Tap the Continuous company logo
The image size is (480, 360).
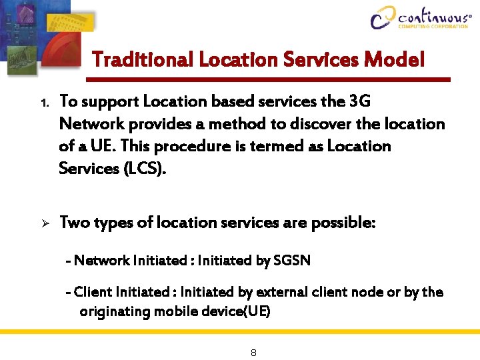coord(421,17)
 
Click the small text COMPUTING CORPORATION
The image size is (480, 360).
coord(433,27)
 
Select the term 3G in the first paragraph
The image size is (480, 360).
coord(359,101)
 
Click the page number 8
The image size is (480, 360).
coord(253,352)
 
